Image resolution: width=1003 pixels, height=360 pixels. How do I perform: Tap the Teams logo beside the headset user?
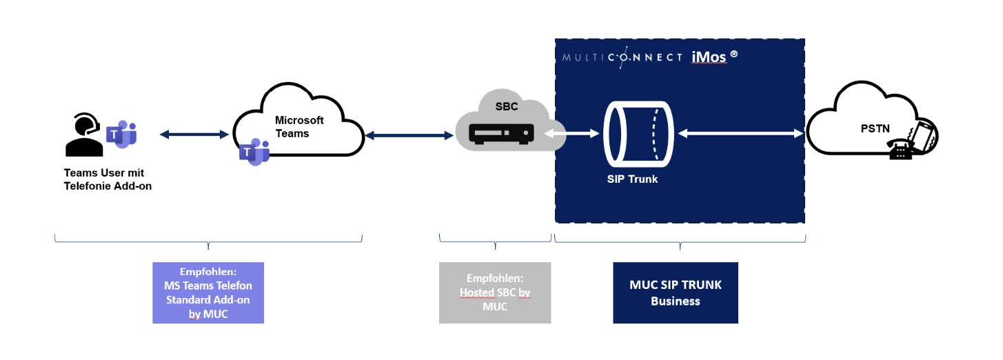[x=122, y=133]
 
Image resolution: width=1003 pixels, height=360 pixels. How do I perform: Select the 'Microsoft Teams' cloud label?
[x=299, y=126]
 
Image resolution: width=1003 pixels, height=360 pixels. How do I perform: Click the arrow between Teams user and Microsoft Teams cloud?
[x=194, y=135]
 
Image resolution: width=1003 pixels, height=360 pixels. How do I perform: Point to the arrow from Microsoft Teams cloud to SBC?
[x=409, y=136]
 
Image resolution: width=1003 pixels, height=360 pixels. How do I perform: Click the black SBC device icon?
[x=501, y=134]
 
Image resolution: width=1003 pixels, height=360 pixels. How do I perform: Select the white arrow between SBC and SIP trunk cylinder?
[x=571, y=134]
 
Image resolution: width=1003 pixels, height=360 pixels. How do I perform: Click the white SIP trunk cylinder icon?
[x=637, y=134]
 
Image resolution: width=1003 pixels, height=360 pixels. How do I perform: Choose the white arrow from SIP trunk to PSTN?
[x=740, y=134]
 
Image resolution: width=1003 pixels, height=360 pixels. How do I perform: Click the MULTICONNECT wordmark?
[x=622, y=57]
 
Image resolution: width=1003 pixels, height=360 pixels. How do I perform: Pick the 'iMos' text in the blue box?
[x=708, y=57]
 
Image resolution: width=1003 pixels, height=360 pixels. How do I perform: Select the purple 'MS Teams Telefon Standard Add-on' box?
[x=207, y=292]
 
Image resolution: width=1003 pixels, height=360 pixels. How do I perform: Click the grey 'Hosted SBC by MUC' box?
[x=495, y=292]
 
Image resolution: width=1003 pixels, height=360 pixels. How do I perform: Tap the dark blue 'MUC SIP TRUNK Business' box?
[x=675, y=292]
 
